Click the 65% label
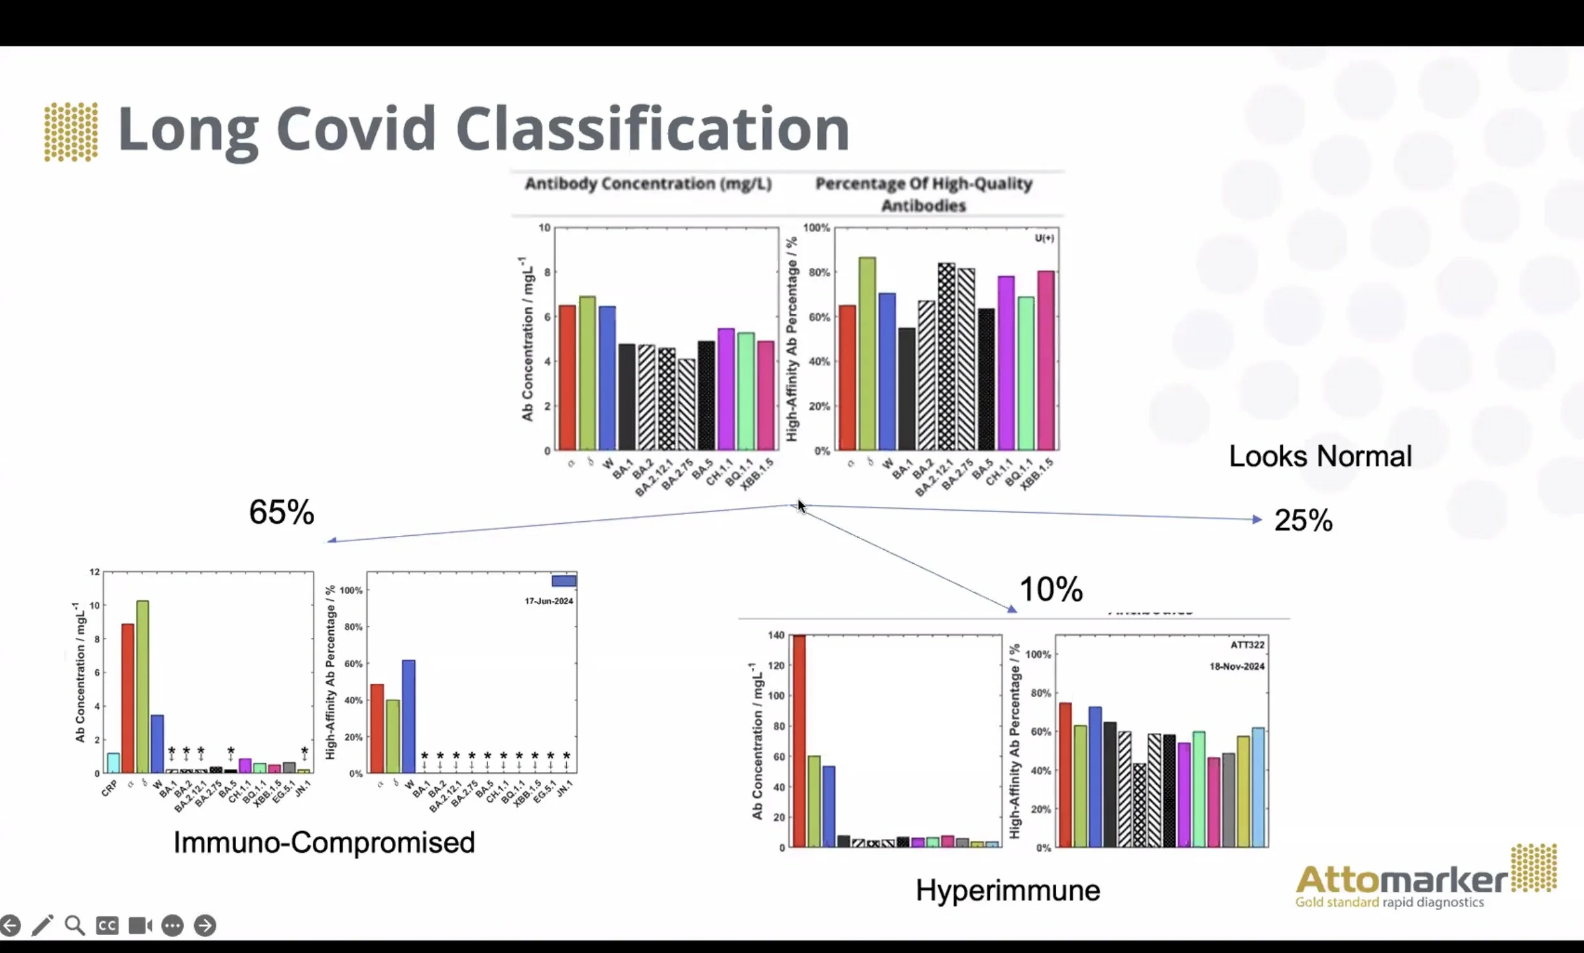tap(281, 512)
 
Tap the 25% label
tap(1303, 521)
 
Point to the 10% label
tap(1050, 589)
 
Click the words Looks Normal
tap(1319, 457)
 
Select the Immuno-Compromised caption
tap(324, 842)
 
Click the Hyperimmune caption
tap(1007, 890)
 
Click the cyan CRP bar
tap(113, 762)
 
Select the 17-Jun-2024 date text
tap(549, 601)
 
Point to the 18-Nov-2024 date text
tap(1236, 667)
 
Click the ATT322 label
tap(1247, 645)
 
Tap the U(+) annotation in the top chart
tap(1044, 239)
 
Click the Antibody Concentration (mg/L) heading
tap(648, 184)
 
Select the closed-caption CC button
tap(107, 926)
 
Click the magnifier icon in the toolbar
tap(75, 926)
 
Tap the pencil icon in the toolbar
tap(42, 926)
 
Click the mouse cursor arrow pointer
tap(801, 506)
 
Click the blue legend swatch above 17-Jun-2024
tap(564, 581)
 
